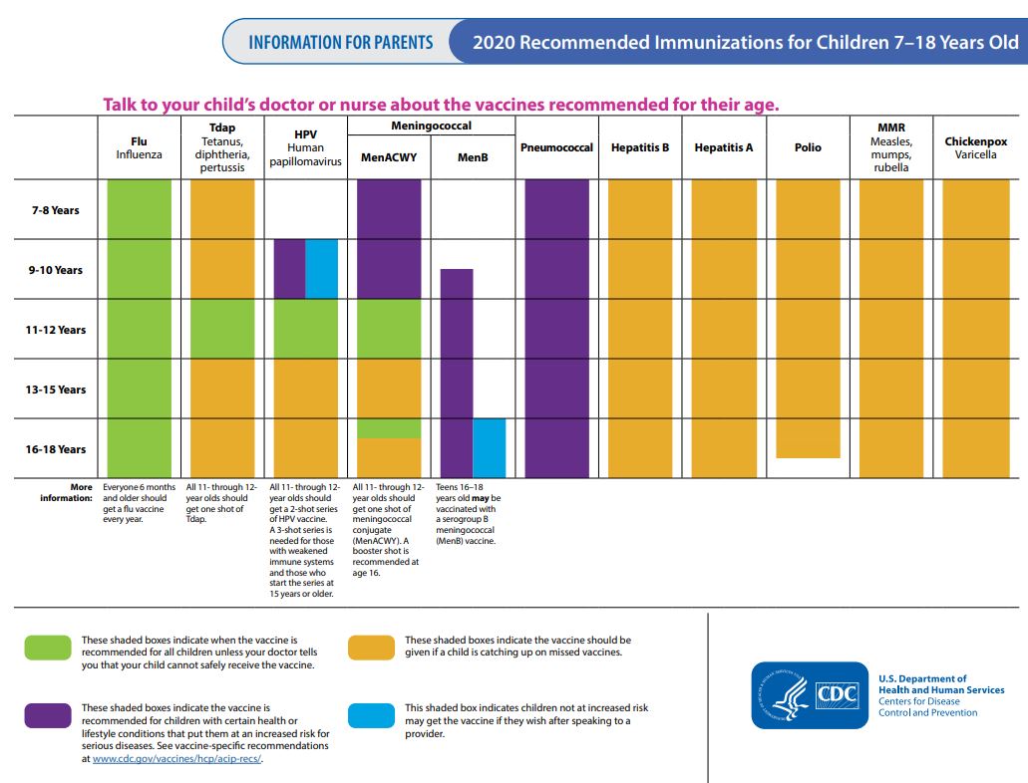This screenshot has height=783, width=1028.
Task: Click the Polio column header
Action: (808, 147)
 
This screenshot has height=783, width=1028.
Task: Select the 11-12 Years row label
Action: (56, 330)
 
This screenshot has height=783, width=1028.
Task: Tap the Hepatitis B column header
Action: (640, 147)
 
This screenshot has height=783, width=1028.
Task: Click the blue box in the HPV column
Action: (322, 269)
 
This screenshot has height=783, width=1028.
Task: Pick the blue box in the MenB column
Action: (490, 447)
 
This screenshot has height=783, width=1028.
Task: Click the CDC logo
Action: (810, 695)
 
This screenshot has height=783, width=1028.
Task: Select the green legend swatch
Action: (48, 648)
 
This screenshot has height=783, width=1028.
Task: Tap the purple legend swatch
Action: (48, 715)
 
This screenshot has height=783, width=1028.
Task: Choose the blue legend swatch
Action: (372, 715)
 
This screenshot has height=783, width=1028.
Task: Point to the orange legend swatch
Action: (372, 648)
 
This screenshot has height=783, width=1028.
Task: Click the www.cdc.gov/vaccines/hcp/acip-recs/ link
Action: (177, 759)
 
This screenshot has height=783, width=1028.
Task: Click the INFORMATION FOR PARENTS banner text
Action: (341, 43)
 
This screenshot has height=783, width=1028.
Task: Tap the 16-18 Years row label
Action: (56, 449)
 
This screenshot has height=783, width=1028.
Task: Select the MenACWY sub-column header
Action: (389, 157)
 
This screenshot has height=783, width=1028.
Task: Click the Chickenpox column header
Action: (975, 148)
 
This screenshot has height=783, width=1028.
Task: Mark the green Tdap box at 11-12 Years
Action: (222, 329)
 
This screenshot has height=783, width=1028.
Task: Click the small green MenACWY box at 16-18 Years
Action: (389, 428)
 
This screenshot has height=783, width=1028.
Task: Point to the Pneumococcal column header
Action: (556, 147)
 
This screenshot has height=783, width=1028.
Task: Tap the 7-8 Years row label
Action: (56, 210)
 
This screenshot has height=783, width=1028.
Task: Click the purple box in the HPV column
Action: (290, 269)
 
